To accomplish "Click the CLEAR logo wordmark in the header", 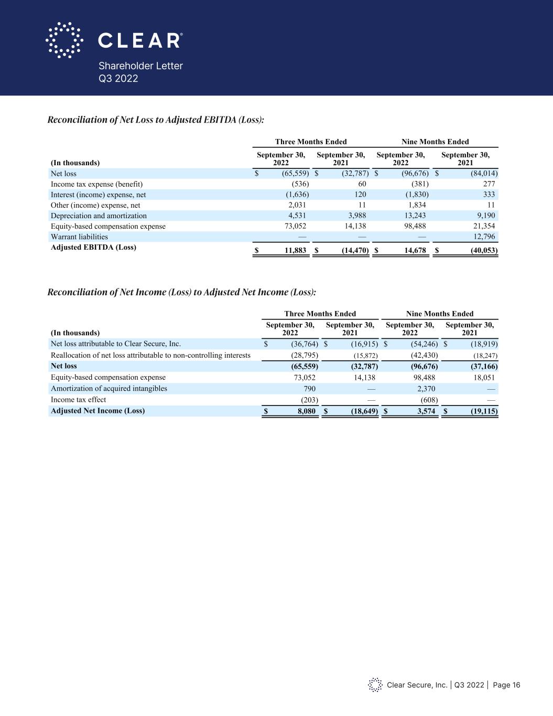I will pyautogui.click(x=140, y=40).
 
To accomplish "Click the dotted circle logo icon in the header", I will pyautogui.click(x=64, y=40).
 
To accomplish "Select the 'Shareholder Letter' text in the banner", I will pyautogui.click(x=141, y=66).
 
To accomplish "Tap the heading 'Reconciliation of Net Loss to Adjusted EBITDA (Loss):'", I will pyautogui.click(x=156, y=120).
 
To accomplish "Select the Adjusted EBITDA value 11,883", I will pyautogui.click(x=295, y=251).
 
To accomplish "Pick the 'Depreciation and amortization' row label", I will pyautogui.click(x=99, y=216).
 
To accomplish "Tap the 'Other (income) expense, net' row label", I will pyautogui.click(x=95, y=205).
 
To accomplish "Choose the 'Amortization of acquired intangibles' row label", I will pyautogui.click(x=109, y=388).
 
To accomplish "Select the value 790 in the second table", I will pyautogui.click(x=309, y=389).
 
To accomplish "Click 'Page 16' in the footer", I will pyautogui.click(x=506, y=685).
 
